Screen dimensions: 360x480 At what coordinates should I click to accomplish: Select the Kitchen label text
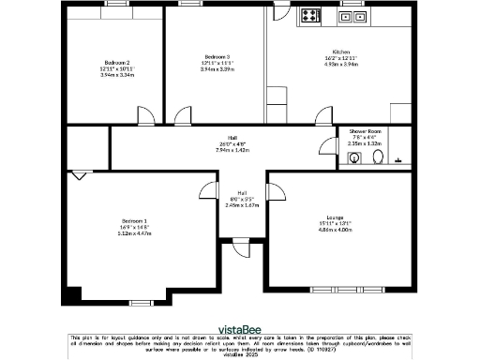[x=340, y=52]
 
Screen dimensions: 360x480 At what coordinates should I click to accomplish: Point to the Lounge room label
[x=335, y=217]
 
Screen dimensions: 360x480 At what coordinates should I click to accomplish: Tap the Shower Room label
[x=365, y=131]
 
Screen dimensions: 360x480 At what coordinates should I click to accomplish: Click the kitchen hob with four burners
[x=310, y=15]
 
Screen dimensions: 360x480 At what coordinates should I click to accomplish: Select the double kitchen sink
[x=354, y=16]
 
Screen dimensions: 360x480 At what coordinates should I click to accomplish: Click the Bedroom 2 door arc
[x=147, y=117]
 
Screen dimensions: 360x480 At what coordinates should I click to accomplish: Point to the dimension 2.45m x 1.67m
[x=241, y=204]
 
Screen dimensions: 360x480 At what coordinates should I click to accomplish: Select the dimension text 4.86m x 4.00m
[x=335, y=229]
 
